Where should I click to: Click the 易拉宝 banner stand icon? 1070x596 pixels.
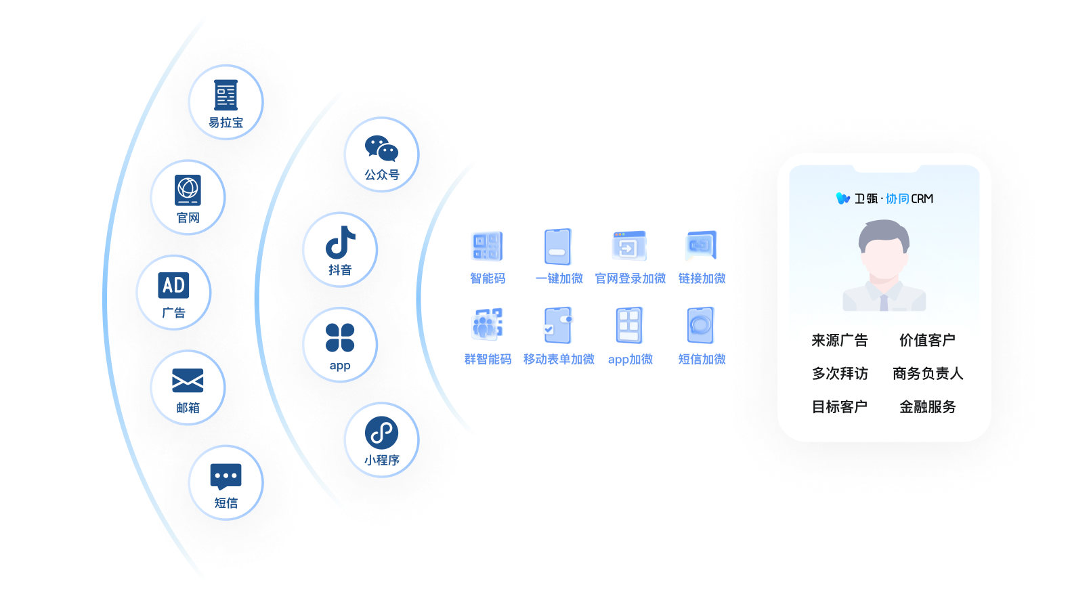226,95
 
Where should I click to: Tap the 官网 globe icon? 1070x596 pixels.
188,190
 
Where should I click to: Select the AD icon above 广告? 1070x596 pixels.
173,285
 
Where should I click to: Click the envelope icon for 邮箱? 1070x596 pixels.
188,381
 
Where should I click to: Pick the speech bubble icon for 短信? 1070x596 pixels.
226,476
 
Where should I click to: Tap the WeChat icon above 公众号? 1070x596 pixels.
381,148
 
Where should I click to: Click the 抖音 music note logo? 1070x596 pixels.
340,242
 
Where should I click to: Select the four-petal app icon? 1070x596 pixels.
340,337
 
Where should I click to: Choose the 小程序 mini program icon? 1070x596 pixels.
381,433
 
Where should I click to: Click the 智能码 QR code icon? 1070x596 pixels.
488,247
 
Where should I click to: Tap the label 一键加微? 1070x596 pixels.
559,278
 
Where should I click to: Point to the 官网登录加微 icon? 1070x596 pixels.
630,247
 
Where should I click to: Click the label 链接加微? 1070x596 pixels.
702,278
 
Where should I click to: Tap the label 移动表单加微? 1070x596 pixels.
559,359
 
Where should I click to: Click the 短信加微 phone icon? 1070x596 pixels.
701,326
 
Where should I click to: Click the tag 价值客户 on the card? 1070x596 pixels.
927,340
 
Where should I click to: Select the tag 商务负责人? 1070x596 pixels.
927,373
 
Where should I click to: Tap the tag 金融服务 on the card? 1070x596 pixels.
927,406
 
